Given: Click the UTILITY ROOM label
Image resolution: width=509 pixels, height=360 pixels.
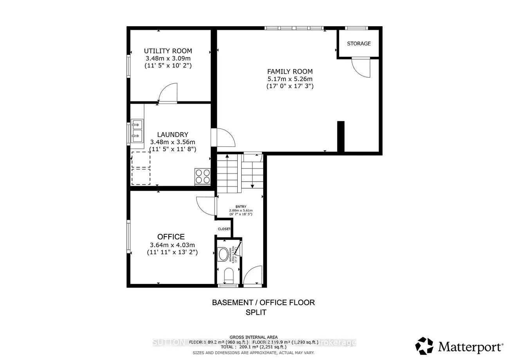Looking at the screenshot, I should pyautogui.click(x=168, y=51).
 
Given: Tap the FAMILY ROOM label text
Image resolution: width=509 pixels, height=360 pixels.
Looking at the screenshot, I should pyautogui.click(x=290, y=71).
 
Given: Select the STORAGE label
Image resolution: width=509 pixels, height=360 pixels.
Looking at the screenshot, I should pyautogui.click(x=359, y=43).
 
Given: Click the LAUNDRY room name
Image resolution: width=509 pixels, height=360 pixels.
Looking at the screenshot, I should pyautogui.click(x=173, y=135).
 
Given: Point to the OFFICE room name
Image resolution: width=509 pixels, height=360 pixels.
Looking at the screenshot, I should pyautogui.click(x=171, y=237).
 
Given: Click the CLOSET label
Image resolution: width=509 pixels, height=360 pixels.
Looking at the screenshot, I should pyautogui.click(x=224, y=229).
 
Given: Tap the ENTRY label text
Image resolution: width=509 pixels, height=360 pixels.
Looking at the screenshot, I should pyautogui.click(x=241, y=207).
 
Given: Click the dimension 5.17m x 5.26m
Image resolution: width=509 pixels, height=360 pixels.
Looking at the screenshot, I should pyautogui.click(x=290, y=79).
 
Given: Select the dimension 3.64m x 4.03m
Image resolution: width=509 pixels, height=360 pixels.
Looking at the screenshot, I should pyautogui.click(x=172, y=245).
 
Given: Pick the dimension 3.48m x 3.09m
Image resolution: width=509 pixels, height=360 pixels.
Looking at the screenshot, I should pyautogui.click(x=168, y=58).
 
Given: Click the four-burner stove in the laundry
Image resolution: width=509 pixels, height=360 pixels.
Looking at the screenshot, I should pyautogui.click(x=202, y=176).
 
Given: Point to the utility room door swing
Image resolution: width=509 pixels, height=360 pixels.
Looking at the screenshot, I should pyautogui.click(x=168, y=93).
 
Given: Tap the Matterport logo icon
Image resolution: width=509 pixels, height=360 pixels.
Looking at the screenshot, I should pyautogui.click(x=424, y=346).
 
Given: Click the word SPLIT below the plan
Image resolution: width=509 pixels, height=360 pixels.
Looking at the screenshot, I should pyautogui.click(x=256, y=313).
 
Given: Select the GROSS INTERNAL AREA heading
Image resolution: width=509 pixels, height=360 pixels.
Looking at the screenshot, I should pyautogui.click(x=253, y=337).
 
